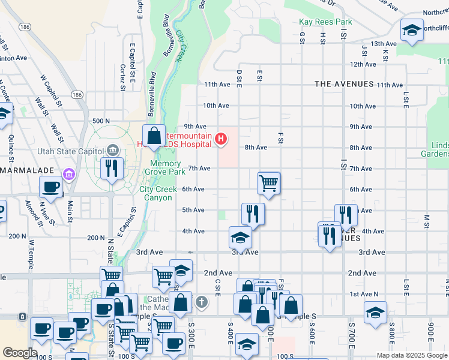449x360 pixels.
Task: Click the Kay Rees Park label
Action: click(x=325, y=22)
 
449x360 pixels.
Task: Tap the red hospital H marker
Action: click(x=221, y=140)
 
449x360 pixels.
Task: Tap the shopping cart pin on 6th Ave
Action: click(x=269, y=182)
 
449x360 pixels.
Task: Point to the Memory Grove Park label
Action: click(x=165, y=167)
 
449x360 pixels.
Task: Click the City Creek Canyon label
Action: click(x=158, y=193)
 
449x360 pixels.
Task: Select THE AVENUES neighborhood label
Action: click(x=344, y=85)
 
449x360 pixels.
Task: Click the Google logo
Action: click(x=20, y=353)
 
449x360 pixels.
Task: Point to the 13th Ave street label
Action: click(x=384, y=44)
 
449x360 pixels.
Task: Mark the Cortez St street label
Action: click(x=122, y=76)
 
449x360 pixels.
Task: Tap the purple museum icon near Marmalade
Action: click(x=70, y=175)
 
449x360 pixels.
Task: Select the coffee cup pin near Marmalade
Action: click(x=51, y=187)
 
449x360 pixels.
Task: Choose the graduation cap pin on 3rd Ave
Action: click(x=240, y=238)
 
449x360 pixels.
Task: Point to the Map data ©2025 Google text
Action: click(x=411, y=355)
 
